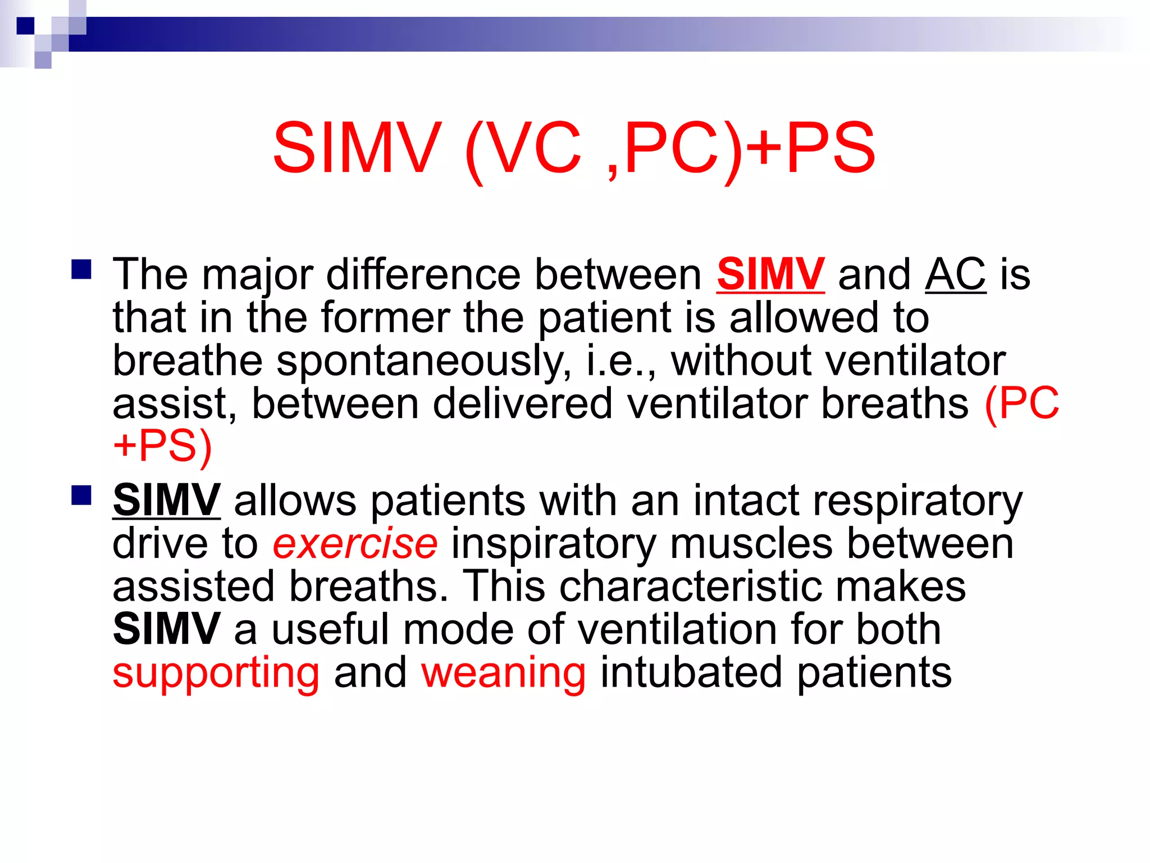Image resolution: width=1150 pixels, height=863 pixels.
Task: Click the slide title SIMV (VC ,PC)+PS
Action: [573, 148]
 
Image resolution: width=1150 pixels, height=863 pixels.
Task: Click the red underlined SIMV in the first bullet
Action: [770, 274]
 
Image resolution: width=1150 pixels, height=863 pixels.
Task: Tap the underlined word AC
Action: [955, 274]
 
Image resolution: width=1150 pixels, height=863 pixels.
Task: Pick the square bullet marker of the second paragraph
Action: [82, 496]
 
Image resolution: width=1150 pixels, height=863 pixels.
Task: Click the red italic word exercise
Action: [355, 543]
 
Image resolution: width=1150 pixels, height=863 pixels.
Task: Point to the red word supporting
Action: [216, 673]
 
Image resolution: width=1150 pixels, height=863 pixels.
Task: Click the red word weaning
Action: [504, 673]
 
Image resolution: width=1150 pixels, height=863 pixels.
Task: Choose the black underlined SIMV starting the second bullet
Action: [166, 500]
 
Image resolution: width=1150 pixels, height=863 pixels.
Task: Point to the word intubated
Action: [691, 673]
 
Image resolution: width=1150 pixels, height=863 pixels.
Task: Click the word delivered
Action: [522, 403]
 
